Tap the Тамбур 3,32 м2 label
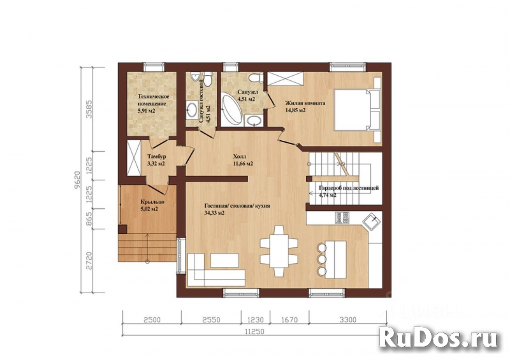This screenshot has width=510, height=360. coord(156,159)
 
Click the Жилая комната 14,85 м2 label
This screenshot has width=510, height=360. coord(305,106)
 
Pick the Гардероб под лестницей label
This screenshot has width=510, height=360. coord(347,191)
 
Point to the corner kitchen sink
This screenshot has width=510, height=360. coord(371,221)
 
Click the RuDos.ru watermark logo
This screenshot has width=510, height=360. coord(438,337)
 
